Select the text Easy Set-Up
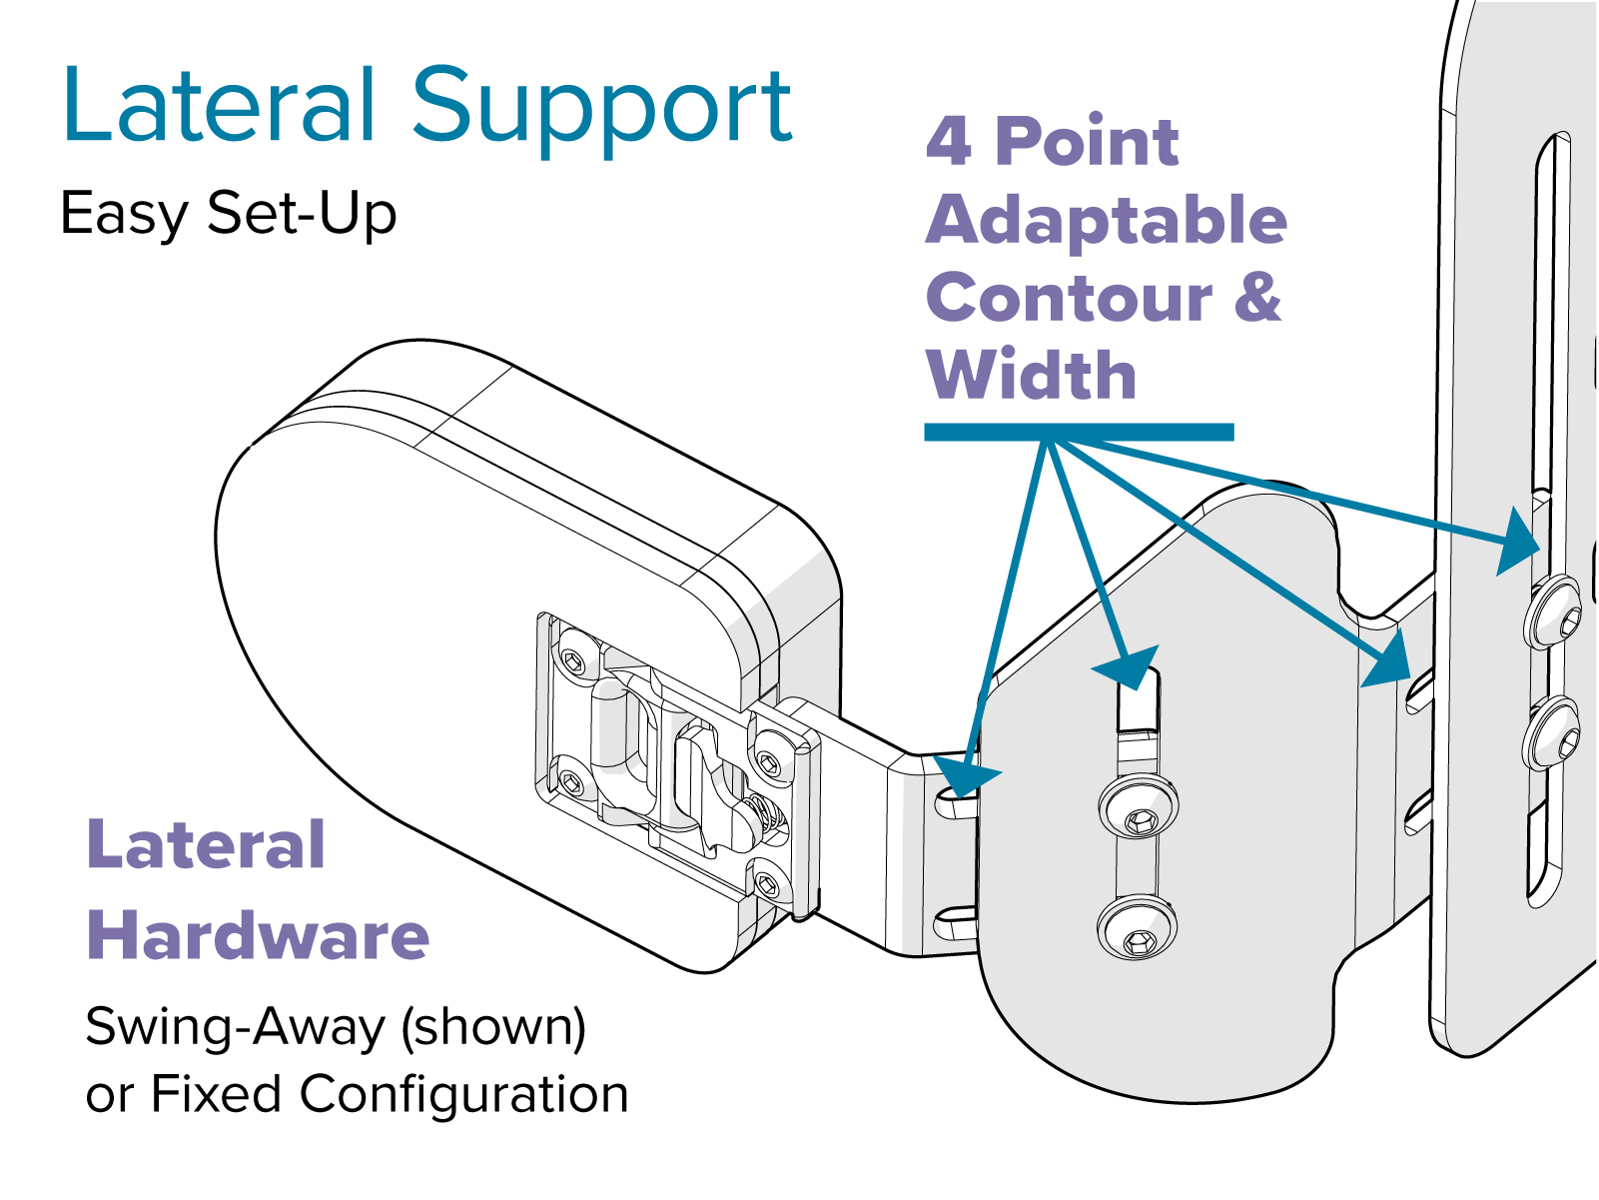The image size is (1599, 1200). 229,214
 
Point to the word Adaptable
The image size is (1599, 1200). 1107,222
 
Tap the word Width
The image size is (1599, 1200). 1032,376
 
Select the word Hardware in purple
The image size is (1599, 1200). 259,936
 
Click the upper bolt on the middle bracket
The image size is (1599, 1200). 1139,805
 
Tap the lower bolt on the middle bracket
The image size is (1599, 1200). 1137,927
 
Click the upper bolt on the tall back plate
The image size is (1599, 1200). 1553,611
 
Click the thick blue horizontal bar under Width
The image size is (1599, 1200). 1079,432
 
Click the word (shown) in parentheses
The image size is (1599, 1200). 493,1027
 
